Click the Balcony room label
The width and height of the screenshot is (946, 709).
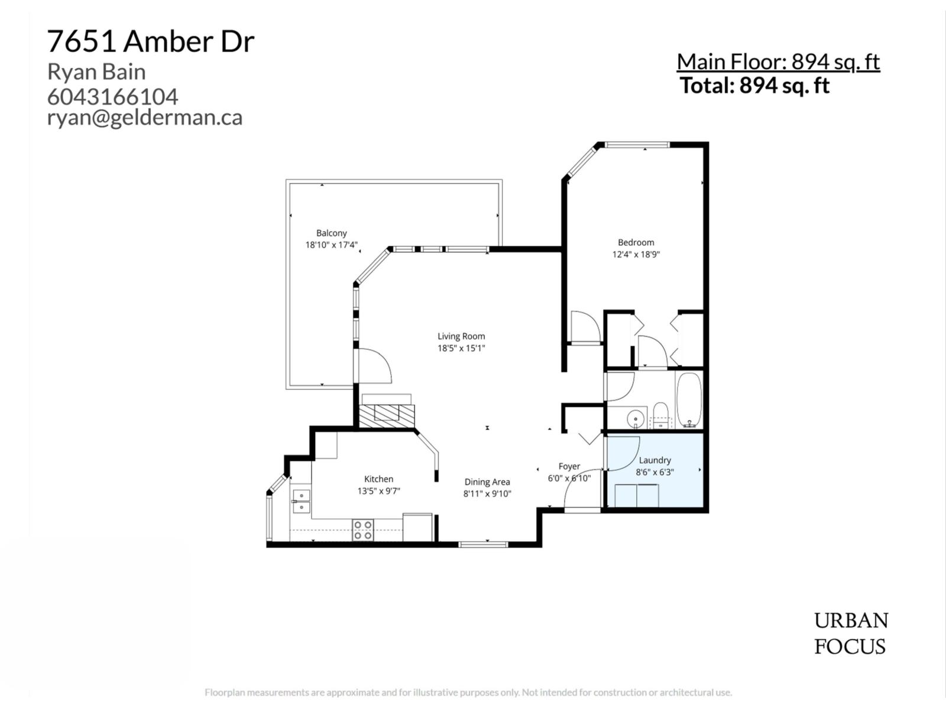pyautogui.click(x=331, y=233)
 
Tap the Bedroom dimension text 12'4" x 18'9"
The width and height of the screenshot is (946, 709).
pyautogui.click(x=636, y=255)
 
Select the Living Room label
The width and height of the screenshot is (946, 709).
pyautogui.click(x=461, y=336)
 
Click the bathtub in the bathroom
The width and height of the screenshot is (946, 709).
pyautogui.click(x=689, y=400)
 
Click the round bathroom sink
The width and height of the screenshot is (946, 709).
pyautogui.click(x=635, y=418)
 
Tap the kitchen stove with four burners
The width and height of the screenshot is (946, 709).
pyautogui.click(x=362, y=530)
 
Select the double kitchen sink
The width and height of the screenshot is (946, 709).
pyautogui.click(x=301, y=501)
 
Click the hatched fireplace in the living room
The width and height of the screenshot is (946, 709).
pyautogui.click(x=387, y=415)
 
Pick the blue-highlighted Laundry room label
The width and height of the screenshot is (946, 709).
pyautogui.click(x=655, y=460)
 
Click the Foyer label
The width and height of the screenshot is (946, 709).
pyautogui.click(x=569, y=466)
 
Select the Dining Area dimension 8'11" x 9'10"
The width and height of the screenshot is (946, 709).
pyautogui.click(x=487, y=494)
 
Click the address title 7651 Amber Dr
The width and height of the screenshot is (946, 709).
pyautogui.click(x=151, y=41)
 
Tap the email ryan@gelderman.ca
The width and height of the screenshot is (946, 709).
pyautogui.click(x=145, y=117)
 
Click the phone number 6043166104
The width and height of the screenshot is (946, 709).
pyautogui.click(x=112, y=96)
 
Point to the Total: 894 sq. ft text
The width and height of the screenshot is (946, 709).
pyautogui.click(x=754, y=86)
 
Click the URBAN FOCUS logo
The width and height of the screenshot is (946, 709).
pyautogui.click(x=850, y=633)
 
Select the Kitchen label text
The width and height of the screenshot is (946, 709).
pyautogui.click(x=378, y=479)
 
